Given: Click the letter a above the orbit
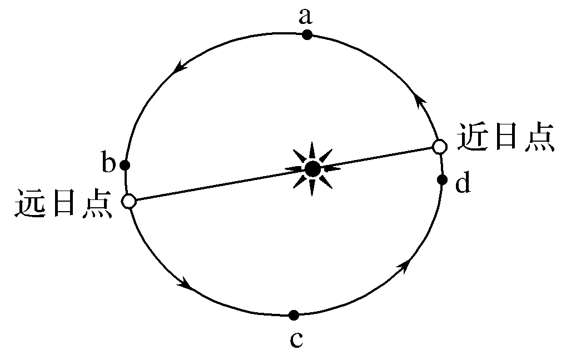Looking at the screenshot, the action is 305,17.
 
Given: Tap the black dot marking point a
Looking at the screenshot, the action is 307,35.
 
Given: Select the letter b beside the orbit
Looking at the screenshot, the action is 108,162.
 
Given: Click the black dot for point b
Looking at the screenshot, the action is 125,165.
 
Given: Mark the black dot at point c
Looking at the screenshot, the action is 294,315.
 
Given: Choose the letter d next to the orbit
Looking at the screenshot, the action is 463,183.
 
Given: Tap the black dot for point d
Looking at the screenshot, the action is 442,179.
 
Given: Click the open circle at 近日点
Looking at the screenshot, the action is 440,147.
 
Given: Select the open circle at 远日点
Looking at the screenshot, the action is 129,201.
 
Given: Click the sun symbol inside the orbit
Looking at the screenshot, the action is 312,168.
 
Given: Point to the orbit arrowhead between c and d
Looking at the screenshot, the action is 404,264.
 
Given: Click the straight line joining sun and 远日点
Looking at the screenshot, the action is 217,185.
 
